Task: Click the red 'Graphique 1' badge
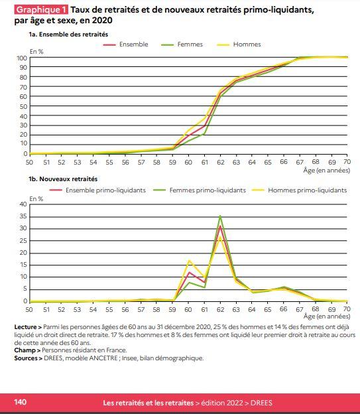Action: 41,10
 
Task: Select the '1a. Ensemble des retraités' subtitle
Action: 68,34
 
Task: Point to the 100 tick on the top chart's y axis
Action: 22,58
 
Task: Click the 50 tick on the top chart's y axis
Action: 23,106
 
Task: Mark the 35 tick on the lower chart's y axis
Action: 23,217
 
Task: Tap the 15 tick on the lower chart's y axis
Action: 23,265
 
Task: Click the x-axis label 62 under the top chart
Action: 220,162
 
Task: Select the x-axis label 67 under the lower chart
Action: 299,309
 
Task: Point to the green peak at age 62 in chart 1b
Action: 220,216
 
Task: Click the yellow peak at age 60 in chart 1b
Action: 189,261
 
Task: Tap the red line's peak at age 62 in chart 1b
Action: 220,226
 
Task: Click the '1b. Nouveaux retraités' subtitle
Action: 63,179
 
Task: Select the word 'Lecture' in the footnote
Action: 25,327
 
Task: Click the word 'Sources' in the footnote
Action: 26,358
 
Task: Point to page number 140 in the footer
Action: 21,402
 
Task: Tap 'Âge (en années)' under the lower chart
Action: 327,316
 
